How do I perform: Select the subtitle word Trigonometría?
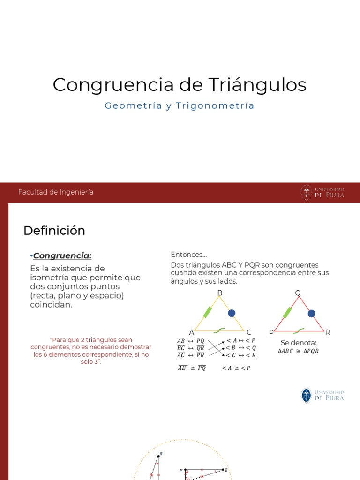215,106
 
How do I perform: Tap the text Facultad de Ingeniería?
56,192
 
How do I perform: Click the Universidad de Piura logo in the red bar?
322,193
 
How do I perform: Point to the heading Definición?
54,231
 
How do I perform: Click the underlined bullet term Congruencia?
62,255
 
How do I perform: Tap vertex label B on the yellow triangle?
219,293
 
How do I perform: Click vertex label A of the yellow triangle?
191,332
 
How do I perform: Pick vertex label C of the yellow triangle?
249,332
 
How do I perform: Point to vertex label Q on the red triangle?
298,293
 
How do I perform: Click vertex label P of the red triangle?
271,332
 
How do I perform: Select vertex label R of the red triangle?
328,332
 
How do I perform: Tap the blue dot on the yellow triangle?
232,313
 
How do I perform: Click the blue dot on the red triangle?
311,313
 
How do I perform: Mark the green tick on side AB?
207,312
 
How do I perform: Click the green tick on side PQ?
287,312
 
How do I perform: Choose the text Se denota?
299,343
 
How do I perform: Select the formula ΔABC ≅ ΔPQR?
298,351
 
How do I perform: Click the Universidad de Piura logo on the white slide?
322,395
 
